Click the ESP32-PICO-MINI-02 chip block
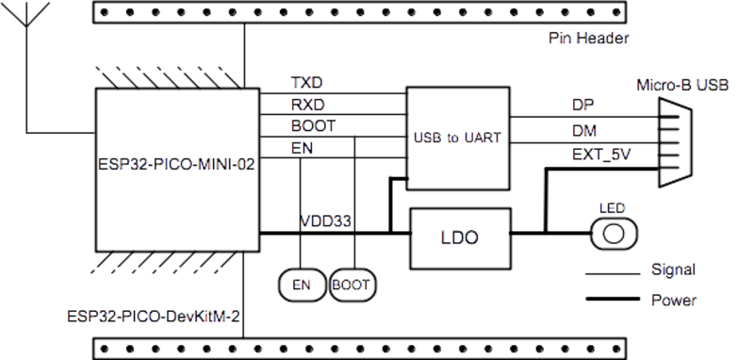pos(177,169)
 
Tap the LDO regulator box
pos(459,237)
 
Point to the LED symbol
pos(615,231)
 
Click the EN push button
pos(300,284)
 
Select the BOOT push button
pos(352,284)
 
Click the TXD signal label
pos(303,83)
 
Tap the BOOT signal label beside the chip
pos(310,124)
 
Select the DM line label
pos(582,129)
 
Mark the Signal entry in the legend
pos(674,271)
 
